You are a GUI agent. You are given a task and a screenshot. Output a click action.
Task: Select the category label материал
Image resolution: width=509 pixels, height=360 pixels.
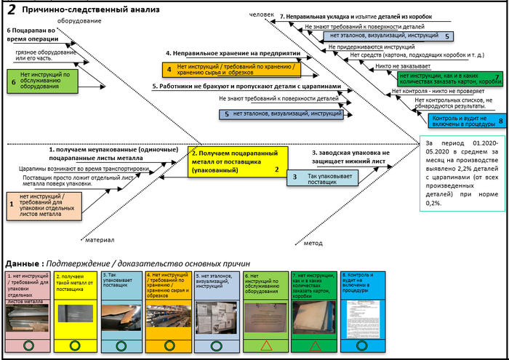click(100, 239)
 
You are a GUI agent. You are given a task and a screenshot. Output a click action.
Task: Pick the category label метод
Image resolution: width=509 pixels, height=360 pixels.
click(313, 242)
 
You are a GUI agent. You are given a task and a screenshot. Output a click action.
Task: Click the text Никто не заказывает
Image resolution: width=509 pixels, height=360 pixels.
click(396, 65)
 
